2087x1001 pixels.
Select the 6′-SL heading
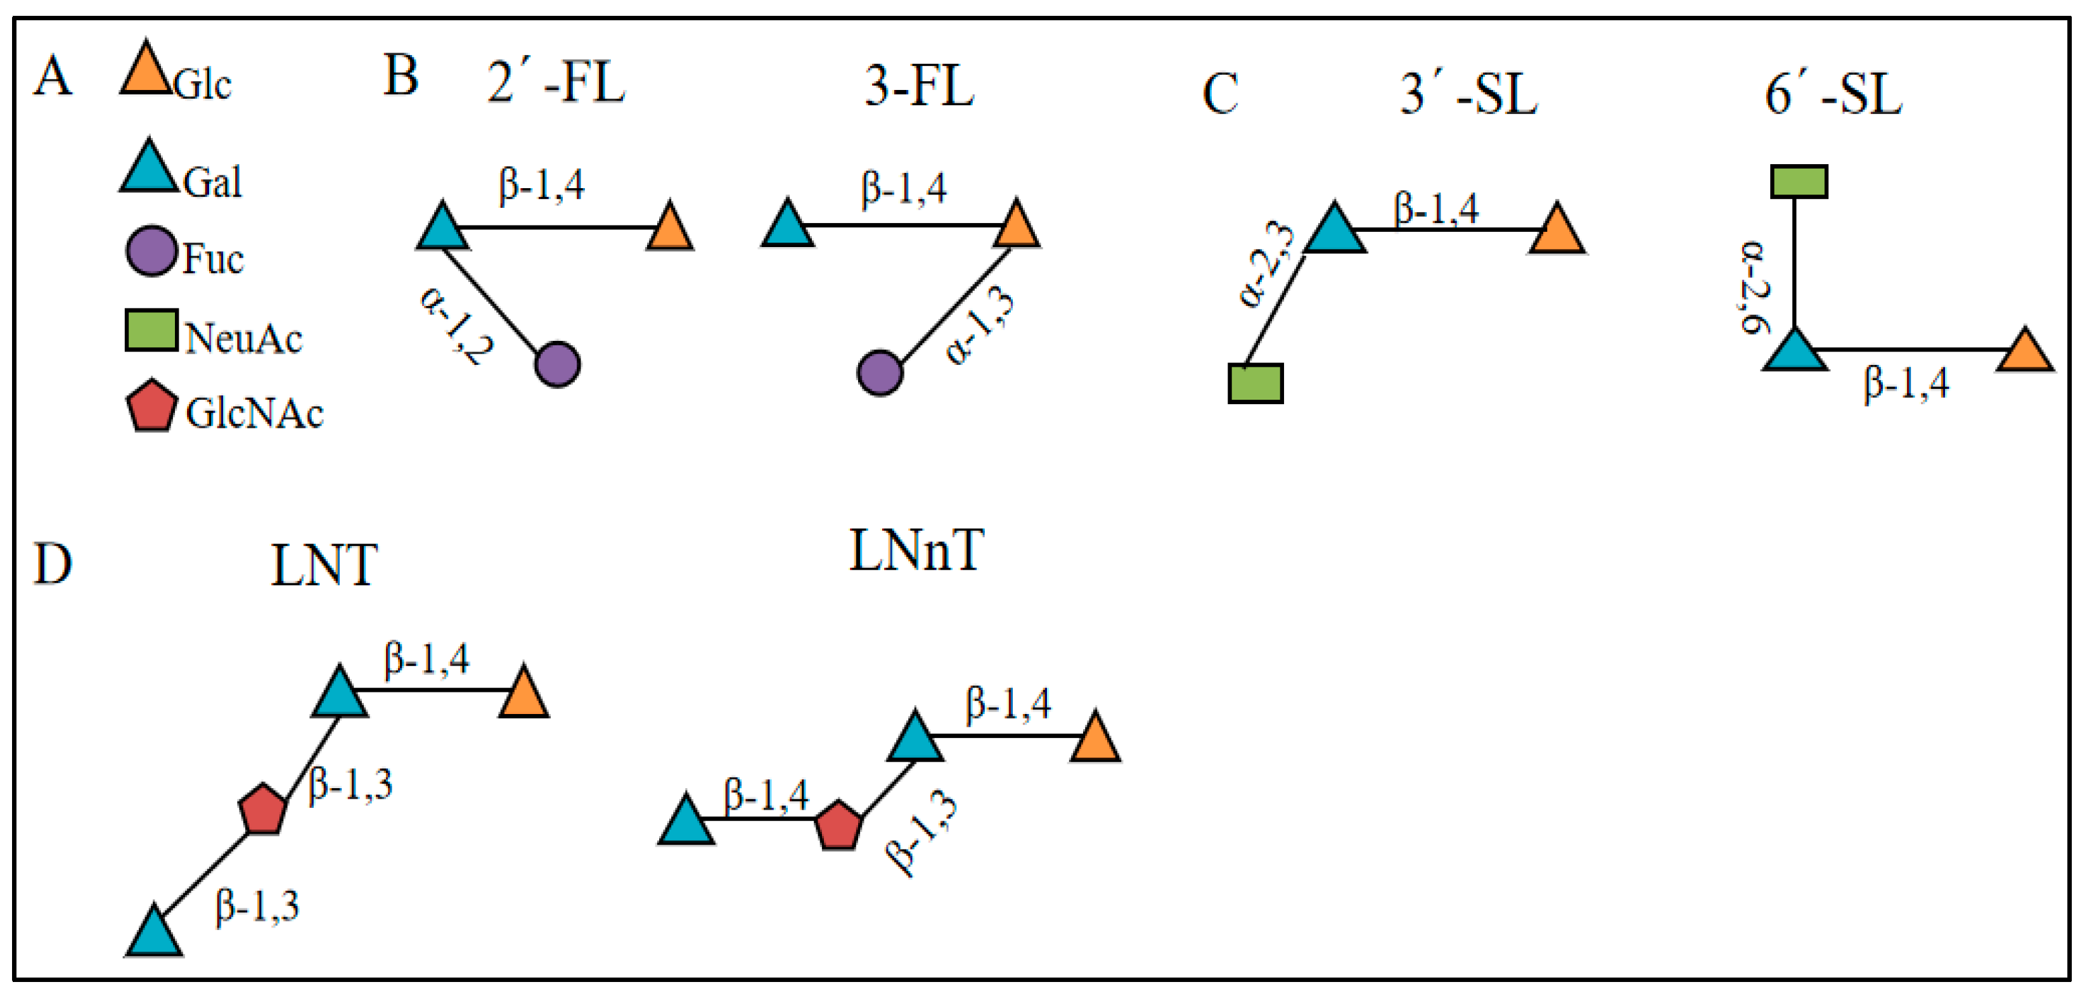(1833, 94)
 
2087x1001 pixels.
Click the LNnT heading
(916, 551)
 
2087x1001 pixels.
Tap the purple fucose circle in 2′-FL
(557, 364)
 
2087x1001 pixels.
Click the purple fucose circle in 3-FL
(880, 373)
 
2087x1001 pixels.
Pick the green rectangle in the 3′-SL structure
(1255, 383)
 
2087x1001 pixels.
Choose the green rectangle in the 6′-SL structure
(1799, 181)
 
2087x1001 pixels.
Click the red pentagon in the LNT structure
(262, 809)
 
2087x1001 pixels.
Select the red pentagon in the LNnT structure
(837, 826)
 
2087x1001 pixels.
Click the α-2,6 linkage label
(1755, 288)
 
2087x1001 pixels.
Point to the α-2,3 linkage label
(1266, 265)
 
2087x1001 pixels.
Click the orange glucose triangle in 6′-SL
(2025, 352)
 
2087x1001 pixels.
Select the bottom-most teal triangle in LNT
(154, 934)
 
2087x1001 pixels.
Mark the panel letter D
(53, 564)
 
